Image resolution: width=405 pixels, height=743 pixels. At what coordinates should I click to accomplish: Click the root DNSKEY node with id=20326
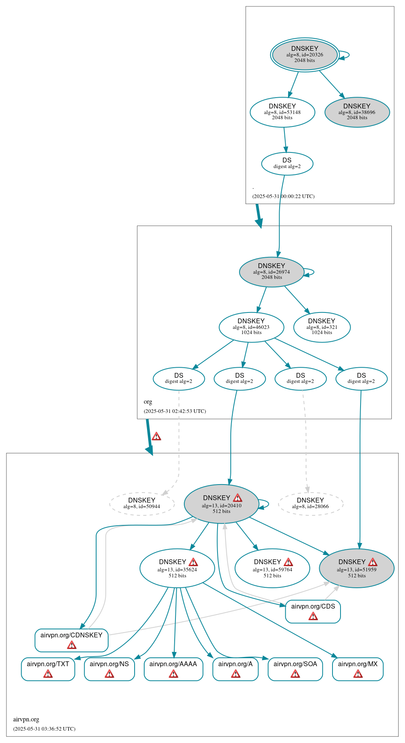point(304,55)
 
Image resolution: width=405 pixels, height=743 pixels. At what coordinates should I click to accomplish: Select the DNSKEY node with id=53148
point(282,112)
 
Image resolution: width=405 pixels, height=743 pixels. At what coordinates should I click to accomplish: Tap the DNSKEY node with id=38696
point(357,112)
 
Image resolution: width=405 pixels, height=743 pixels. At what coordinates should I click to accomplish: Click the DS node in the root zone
point(287,163)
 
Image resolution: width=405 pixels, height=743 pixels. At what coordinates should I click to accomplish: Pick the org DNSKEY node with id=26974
point(271,272)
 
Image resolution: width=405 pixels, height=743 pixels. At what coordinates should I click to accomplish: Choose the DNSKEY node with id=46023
point(251,327)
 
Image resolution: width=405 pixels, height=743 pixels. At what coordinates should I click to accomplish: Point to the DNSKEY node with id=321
point(322,327)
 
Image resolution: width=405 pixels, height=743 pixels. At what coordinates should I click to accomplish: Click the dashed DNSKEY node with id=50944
point(142,503)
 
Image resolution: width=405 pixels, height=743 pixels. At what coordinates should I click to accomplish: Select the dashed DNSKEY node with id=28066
point(310,503)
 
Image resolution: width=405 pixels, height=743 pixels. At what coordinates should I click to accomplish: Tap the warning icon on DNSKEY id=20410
point(238,498)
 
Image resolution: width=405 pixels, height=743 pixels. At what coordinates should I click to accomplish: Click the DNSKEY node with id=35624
point(177,568)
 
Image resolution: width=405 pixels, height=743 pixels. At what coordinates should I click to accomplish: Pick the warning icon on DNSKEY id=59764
point(288,562)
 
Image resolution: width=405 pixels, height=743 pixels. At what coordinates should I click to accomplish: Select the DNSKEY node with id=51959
point(357,568)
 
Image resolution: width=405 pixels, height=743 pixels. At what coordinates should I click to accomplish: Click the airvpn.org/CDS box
point(313,611)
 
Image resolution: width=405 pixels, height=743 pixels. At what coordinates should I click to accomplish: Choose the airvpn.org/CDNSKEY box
point(71,640)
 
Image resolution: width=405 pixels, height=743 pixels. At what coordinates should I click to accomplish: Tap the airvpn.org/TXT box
point(48,669)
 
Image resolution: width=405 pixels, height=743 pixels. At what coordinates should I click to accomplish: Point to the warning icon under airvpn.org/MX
point(358,674)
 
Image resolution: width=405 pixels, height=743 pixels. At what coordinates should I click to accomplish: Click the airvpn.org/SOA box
point(295,669)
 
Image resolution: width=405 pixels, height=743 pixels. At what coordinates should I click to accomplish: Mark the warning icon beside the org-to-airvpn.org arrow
point(156,436)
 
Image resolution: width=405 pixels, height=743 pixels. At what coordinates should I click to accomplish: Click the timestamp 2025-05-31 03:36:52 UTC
point(44,729)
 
